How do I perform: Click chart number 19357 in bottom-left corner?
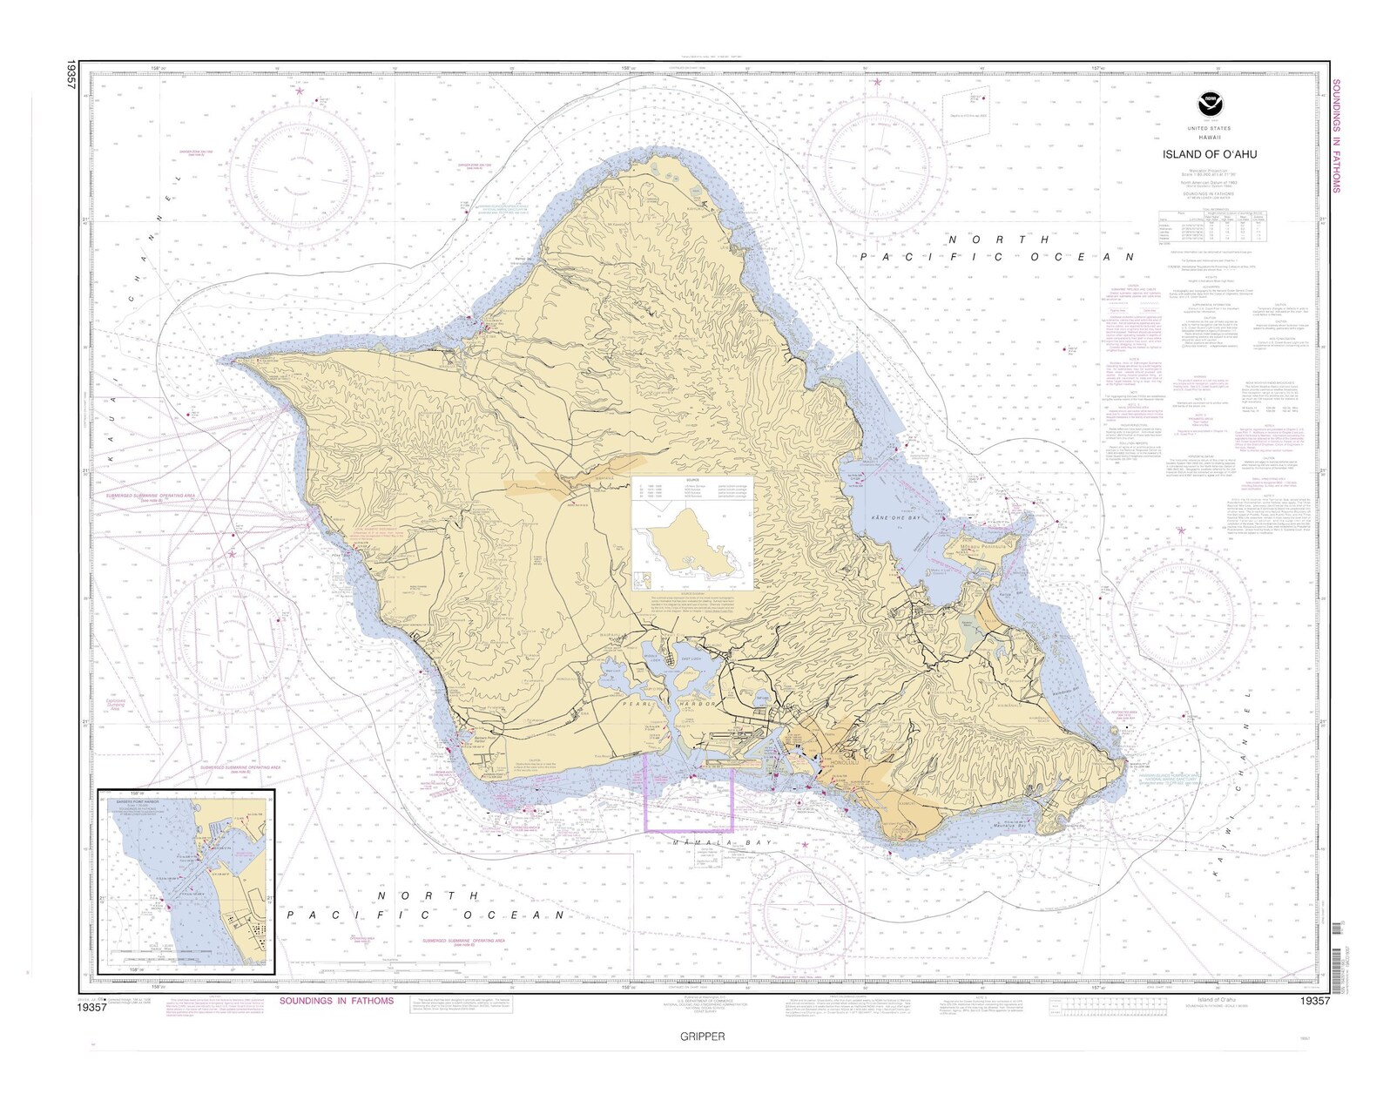point(91,1007)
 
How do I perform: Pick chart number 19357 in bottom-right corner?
point(1313,1002)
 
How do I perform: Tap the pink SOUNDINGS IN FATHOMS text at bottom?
point(336,1001)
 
